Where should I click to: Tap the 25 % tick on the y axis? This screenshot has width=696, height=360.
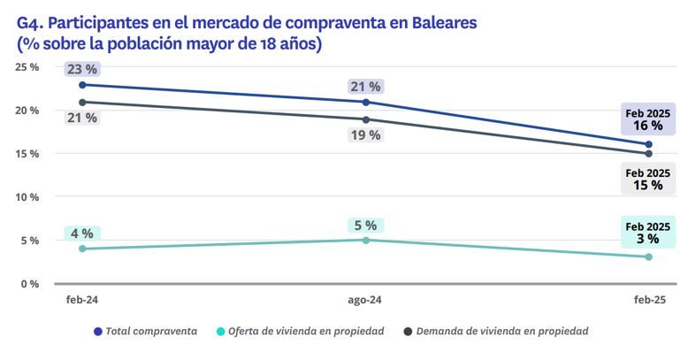pyautogui.click(x=27, y=66)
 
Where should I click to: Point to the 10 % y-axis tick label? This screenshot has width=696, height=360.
pyautogui.click(x=27, y=196)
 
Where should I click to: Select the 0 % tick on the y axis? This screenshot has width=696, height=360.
pyautogui.click(x=30, y=283)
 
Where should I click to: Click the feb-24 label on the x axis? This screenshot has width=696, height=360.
pyautogui.click(x=82, y=301)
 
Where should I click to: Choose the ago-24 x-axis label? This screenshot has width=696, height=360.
pyautogui.click(x=365, y=301)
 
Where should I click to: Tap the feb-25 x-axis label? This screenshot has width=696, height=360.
pyautogui.click(x=648, y=301)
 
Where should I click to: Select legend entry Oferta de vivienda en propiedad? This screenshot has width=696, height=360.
pyautogui.click(x=305, y=331)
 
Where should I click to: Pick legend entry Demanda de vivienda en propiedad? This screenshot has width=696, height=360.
pyautogui.click(x=502, y=331)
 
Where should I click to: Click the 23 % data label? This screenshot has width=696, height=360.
pyautogui.click(x=82, y=69)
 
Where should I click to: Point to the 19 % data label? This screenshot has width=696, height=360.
pyautogui.click(x=365, y=135)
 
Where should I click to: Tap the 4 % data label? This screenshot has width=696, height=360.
pyautogui.click(x=82, y=234)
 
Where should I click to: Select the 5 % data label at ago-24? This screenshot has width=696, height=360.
pyautogui.click(x=365, y=225)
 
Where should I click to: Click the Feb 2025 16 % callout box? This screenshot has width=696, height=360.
pyautogui.click(x=648, y=119)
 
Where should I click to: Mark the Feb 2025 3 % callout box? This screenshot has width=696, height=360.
pyautogui.click(x=648, y=232)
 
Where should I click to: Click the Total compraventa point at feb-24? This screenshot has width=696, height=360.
pyautogui.click(x=82, y=85)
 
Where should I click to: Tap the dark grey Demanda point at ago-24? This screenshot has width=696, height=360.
pyautogui.click(x=365, y=119)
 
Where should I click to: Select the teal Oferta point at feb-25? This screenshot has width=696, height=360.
pyautogui.click(x=648, y=257)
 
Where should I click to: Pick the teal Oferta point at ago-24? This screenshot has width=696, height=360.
pyautogui.click(x=365, y=240)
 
